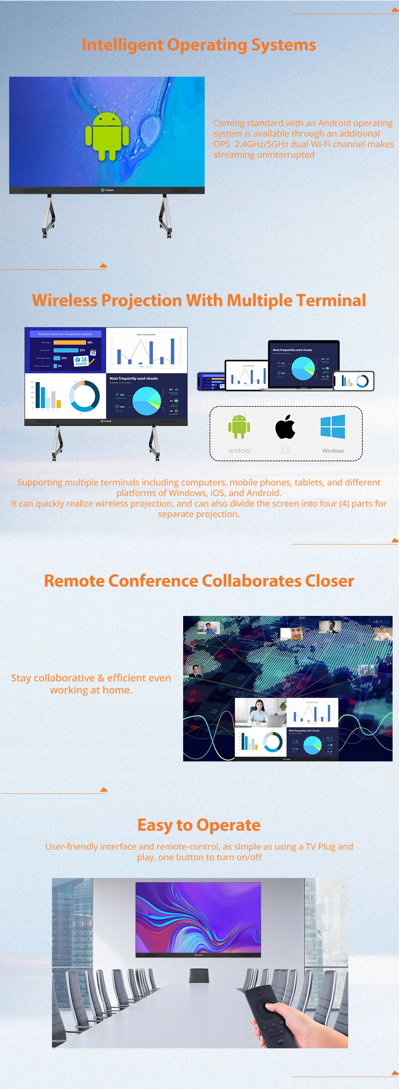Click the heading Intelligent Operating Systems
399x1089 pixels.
[x=199, y=45]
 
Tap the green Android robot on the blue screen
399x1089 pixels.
[x=107, y=135]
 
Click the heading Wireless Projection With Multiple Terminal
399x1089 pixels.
[x=199, y=300]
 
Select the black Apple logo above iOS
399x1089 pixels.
[x=285, y=427]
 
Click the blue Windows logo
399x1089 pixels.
[x=333, y=426]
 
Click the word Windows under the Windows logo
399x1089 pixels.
[x=333, y=451]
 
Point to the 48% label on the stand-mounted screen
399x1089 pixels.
[x=90, y=342]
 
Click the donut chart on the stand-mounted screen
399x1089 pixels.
[x=85, y=396]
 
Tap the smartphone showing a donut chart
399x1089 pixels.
[x=354, y=381]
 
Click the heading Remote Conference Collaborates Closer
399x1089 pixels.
[x=199, y=581]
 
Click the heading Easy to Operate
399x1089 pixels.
[x=199, y=825]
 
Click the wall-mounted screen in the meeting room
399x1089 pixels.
[x=198, y=919]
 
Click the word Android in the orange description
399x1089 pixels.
[x=335, y=123]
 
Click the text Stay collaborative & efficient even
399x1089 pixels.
[x=91, y=678]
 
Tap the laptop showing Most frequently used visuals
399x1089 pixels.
[x=304, y=365]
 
